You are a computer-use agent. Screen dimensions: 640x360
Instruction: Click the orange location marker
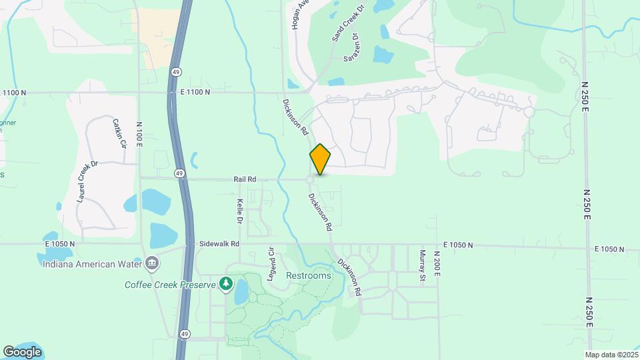pos(320,159)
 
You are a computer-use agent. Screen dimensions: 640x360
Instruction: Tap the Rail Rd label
pos(245,179)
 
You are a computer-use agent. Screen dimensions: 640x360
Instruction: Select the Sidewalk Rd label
pos(219,244)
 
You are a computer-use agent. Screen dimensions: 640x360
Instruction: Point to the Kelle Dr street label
pos(239,211)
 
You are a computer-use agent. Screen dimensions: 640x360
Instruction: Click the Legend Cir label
pos(271,264)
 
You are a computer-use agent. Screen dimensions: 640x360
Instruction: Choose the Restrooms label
pos(309,275)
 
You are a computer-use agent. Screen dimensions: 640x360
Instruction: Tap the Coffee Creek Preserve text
pos(170,285)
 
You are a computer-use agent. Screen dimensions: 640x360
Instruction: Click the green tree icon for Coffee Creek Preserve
pos(226,285)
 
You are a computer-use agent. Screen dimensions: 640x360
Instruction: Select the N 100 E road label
pos(139,134)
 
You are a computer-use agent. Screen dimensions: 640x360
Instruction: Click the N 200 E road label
pos(437,265)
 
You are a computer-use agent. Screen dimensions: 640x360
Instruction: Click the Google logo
pos(22,351)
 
